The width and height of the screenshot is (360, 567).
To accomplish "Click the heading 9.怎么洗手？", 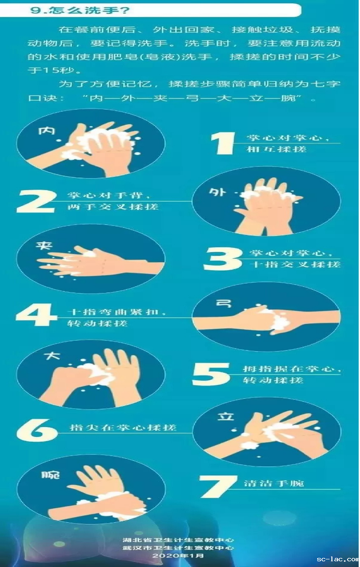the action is [x=80, y=10].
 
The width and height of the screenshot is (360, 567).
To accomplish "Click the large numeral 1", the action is [x=223, y=143].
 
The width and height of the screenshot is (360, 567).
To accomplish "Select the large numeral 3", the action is [x=223, y=259].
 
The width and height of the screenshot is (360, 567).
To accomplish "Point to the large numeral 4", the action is [x=37, y=314].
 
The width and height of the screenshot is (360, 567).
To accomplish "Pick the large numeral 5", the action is [x=211, y=374].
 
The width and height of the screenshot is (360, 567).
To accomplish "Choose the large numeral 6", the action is [x=37, y=430].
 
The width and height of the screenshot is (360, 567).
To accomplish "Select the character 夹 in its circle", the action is [x=44, y=245].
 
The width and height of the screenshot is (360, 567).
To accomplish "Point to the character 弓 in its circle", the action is [x=223, y=303].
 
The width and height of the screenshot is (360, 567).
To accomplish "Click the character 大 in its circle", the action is [x=52, y=356].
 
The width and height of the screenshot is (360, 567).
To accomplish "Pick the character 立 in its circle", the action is [x=226, y=416].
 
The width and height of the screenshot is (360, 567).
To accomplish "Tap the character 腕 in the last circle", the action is [x=50, y=475].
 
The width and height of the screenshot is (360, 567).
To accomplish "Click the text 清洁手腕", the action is [x=274, y=484].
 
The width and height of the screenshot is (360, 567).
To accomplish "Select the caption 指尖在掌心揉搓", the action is [x=123, y=428].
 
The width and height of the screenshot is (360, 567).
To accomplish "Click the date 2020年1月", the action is [x=178, y=556].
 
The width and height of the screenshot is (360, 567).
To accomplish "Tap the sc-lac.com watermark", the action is [x=337, y=559].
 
